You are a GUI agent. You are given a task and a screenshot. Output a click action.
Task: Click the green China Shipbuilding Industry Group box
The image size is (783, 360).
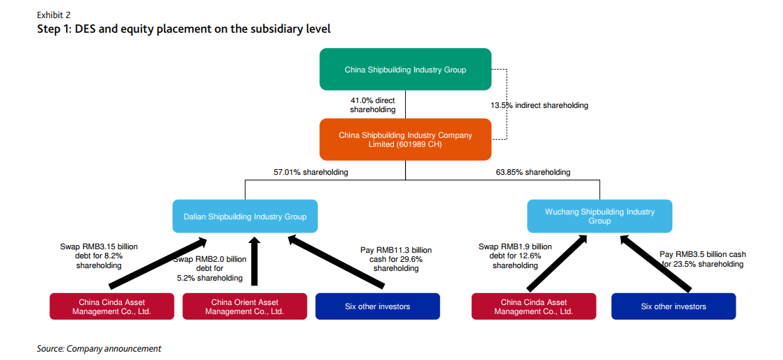point(405,70)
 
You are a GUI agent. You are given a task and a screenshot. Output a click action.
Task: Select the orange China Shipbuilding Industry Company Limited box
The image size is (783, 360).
point(405,139)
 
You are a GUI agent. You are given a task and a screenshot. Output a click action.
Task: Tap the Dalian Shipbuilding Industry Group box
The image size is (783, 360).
point(245,217)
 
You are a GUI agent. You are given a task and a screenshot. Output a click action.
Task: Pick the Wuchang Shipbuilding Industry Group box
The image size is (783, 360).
point(599,216)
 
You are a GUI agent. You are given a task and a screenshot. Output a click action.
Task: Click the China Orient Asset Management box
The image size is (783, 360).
point(244,306)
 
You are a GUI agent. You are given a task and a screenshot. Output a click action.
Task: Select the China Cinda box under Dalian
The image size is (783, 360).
point(112,306)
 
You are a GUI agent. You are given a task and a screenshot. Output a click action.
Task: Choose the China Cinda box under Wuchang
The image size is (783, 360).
point(533,306)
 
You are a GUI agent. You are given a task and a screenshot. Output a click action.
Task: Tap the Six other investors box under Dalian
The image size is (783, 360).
point(377,306)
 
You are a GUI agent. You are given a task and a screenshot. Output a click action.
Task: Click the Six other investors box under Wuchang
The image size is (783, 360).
point(673,306)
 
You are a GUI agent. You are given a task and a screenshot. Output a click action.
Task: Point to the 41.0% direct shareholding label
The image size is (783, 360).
point(372,105)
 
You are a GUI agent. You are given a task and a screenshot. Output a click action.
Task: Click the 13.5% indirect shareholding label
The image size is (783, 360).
point(539,105)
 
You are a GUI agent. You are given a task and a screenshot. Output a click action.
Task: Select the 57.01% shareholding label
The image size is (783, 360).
point(311,172)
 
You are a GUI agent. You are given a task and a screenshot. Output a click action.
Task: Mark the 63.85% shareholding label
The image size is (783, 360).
point(533,172)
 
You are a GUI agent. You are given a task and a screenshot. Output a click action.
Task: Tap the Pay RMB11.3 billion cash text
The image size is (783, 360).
point(395,259)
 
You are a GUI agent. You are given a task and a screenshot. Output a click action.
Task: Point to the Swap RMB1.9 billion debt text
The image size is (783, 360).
point(515,256)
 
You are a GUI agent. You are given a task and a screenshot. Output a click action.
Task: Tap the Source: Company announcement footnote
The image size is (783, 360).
point(99,348)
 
